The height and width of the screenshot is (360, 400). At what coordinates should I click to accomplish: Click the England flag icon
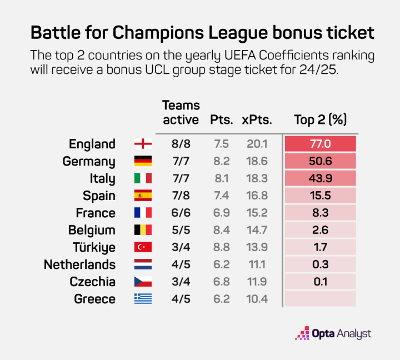pos(143,144)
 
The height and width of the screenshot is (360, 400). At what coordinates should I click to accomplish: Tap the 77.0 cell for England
pos(320,144)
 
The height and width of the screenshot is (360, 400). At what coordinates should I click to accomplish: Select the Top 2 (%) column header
pos(320,120)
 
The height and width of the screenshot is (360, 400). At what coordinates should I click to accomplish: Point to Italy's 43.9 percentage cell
pos(320,179)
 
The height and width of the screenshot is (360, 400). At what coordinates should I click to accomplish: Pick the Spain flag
pos(143,196)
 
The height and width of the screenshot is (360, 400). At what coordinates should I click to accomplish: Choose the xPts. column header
pos(257,120)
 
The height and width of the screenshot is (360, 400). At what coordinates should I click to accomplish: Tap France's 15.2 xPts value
pos(257,213)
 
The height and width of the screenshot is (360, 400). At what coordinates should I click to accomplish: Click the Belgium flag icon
pos(143,231)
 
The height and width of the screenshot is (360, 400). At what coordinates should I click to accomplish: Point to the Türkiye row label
pos(94,248)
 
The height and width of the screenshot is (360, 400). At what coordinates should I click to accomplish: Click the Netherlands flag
pos(143,265)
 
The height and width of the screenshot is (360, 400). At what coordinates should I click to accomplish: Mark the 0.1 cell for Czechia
pos(320,282)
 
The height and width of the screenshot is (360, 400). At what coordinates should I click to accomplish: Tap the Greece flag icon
pos(143,299)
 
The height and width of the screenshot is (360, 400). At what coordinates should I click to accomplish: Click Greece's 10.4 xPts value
pos(257,299)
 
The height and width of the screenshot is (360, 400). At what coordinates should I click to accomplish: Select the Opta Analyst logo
pos(333,333)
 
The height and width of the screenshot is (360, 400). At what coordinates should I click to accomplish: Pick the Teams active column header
pos(180,113)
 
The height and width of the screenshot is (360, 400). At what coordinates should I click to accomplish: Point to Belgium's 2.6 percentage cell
pos(320,231)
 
